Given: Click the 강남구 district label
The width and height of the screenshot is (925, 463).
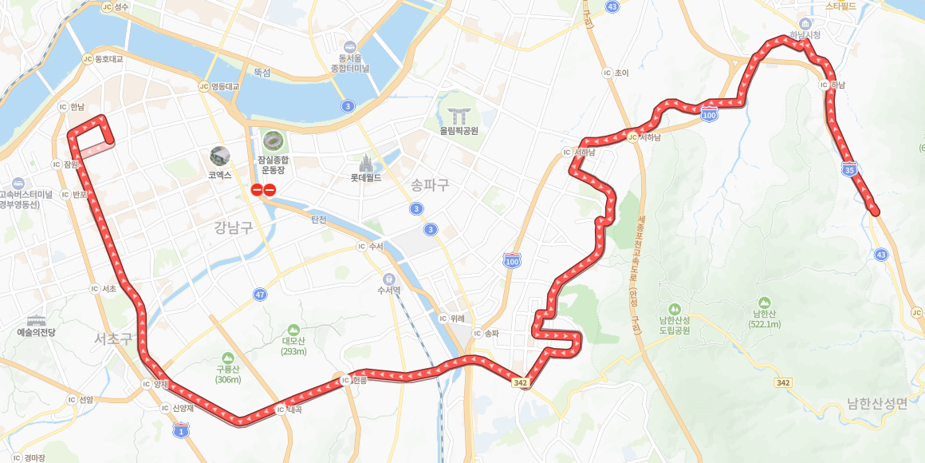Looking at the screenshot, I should tap(234, 228).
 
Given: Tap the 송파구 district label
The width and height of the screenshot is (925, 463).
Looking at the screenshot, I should tap(430, 185).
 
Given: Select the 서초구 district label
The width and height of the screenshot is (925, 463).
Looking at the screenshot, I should tap(112, 338).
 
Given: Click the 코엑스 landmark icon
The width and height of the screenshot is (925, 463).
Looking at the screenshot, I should tap(219, 156).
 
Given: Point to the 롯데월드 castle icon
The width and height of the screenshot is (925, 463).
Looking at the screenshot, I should tap(367, 162).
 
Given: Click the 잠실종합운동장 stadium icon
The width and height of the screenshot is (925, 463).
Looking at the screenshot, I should tap(273, 141).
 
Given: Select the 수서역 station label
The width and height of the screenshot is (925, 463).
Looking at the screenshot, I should tap(388, 290).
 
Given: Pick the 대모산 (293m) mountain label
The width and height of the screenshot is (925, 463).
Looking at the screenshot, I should tap(293, 340).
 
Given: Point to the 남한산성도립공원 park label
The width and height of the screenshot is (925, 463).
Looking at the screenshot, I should tap(674, 323).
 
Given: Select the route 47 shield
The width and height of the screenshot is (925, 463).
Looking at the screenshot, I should tap(260, 295).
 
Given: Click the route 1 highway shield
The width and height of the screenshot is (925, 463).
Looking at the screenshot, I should tap(181, 431).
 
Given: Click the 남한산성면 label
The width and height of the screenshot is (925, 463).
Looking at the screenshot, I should tap(877, 403).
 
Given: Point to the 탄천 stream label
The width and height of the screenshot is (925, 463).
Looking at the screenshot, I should tap(318, 219).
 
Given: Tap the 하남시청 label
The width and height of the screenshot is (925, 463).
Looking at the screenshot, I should tap(805, 35).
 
